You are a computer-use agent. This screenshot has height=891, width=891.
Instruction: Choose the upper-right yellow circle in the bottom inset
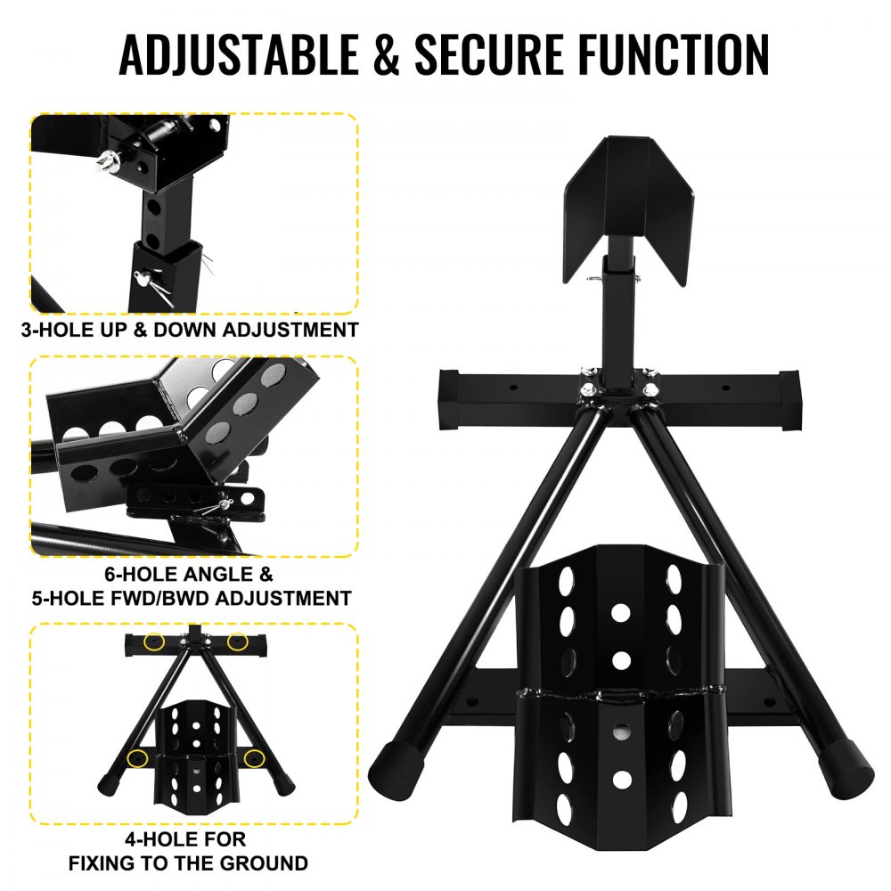[x=237, y=642]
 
